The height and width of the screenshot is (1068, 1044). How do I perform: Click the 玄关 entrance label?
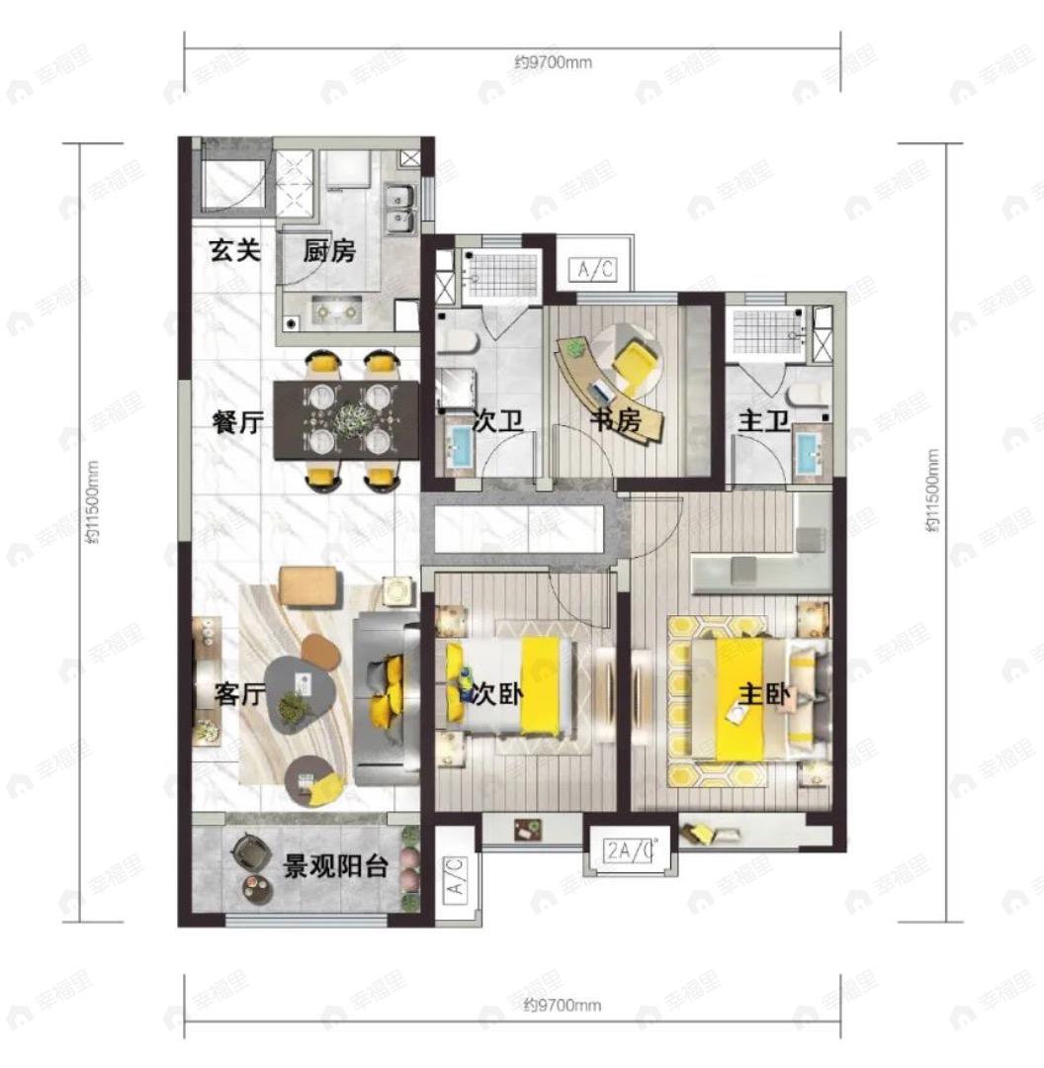click(x=235, y=250)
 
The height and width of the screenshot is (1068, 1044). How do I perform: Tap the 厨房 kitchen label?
click(x=329, y=251)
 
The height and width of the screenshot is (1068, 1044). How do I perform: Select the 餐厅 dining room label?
click(x=237, y=422)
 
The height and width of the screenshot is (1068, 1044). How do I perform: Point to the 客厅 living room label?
click(x=239, y=694)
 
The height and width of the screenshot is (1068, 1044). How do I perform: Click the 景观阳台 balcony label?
click(x=335, y=866)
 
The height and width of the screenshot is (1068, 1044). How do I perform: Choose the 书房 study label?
click(x=615, y=421)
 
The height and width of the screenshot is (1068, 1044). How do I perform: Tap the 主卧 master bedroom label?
click(x=764, y=695)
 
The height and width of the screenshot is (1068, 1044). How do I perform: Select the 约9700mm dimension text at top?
click(x=553, y=62)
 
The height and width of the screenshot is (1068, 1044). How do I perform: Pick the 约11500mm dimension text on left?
click(x=93, y=502)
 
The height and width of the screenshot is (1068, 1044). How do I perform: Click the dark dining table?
click(x=346, y=419)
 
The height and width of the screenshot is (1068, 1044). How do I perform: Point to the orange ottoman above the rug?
click(x=309, y=585)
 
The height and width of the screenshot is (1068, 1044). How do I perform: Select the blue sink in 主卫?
click(x=810, y=452)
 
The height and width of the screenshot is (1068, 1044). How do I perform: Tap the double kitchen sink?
click(x=399, y=209)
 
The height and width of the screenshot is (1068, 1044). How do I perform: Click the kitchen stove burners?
click(x=336, y=311)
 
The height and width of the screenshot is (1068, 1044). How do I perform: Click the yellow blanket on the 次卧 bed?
click(x=541, y=685)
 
